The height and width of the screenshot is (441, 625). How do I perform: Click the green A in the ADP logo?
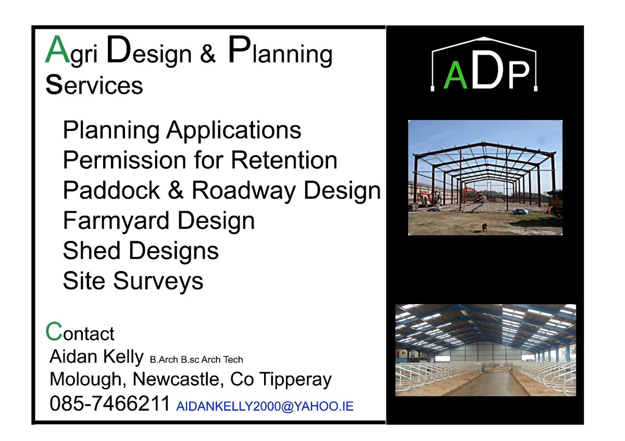tap(455, 76)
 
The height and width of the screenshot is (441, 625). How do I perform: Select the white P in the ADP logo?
tap(519, 75)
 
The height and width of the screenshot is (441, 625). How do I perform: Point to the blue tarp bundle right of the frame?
tap(521, 211)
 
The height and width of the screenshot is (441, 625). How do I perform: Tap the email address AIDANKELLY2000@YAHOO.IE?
tap(265, 406)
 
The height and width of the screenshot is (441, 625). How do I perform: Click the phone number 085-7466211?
tap(110, 404)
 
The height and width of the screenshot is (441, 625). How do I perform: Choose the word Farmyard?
tap(111, 220)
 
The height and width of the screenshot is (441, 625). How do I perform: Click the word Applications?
tap(234, 130)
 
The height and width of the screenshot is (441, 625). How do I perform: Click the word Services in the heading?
tap(94, 85)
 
